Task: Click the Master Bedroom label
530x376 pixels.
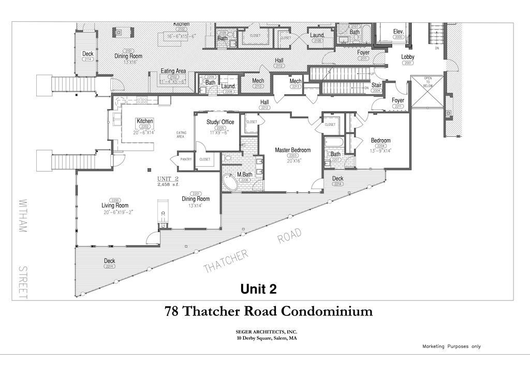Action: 292,150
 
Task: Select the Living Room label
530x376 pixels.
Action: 115,206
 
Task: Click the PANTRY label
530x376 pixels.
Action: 186,160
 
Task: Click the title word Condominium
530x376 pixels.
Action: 327,311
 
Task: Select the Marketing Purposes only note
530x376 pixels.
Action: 451,346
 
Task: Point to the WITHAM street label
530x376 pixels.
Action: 23,215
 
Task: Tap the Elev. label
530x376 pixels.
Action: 398,31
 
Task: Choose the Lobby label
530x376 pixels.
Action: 407,57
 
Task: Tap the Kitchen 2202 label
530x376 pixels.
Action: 145,121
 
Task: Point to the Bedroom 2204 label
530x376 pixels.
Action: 380,140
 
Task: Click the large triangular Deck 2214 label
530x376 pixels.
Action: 109,261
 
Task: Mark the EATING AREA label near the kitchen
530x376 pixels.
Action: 181,135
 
